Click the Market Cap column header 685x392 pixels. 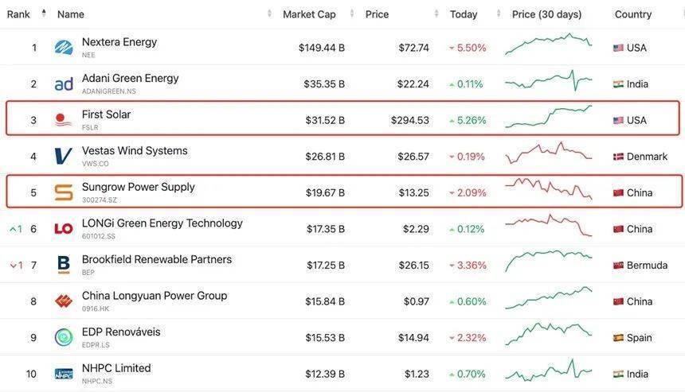309,14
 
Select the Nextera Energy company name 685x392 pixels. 119,42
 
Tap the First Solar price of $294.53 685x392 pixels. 409,120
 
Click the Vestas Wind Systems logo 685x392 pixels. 64,157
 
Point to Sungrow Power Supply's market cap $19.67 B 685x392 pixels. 325,192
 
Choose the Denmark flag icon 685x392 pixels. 618,157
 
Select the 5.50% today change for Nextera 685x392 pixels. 471,48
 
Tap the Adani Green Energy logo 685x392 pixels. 64,84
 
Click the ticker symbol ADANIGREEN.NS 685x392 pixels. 109,91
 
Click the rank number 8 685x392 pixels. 33,301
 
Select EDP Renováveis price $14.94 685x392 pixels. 413,337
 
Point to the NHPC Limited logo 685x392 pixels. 64,374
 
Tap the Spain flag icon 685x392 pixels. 618,338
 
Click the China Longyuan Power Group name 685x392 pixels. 155,296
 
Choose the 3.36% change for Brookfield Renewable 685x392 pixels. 471,265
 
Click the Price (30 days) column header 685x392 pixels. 546,14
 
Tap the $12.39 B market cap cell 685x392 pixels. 325,374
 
